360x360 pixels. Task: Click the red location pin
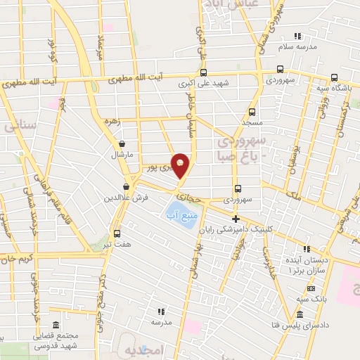point(181,165)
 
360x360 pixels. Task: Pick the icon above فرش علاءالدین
point(126,186)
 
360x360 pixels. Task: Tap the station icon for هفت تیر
point(117,234)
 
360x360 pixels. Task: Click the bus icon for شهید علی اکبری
point(203,72)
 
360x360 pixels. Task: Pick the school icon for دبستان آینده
point(306,248)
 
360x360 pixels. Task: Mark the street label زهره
point(112,121)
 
